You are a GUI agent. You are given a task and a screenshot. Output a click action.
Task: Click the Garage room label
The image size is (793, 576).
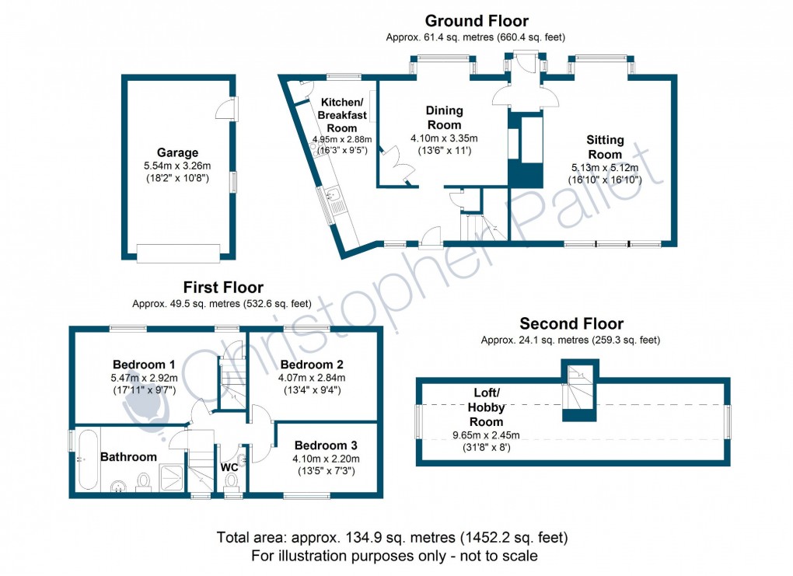tap(177, 153)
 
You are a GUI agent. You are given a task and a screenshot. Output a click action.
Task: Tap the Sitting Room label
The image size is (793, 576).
tap(605, 147)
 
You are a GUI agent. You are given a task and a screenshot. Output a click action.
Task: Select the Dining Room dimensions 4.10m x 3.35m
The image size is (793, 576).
tap(444, 138)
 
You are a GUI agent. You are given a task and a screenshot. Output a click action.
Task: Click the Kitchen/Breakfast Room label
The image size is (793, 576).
tap(342, 115)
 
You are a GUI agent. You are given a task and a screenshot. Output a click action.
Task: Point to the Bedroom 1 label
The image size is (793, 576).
tap(144, 365)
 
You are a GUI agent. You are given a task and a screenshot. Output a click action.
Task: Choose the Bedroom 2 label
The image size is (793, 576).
tap(312, 365)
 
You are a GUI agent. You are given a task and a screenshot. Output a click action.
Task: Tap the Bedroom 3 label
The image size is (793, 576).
tap(326, 445)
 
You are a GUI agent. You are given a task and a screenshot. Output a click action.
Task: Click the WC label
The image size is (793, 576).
tap(229, 467)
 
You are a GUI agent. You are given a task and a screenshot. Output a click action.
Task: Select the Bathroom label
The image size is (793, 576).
tap(128, 457)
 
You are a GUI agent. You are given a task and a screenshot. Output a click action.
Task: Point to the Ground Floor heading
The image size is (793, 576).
tap(476, 21)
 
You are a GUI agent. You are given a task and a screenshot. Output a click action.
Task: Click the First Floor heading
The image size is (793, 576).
tap(223, 288)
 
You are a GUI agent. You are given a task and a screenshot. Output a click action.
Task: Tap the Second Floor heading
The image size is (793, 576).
tap(571, 323)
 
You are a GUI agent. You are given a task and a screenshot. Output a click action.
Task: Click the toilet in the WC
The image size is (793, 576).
tap(230, 481)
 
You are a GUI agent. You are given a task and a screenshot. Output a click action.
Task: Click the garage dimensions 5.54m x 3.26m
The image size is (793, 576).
tap(177, 166)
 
